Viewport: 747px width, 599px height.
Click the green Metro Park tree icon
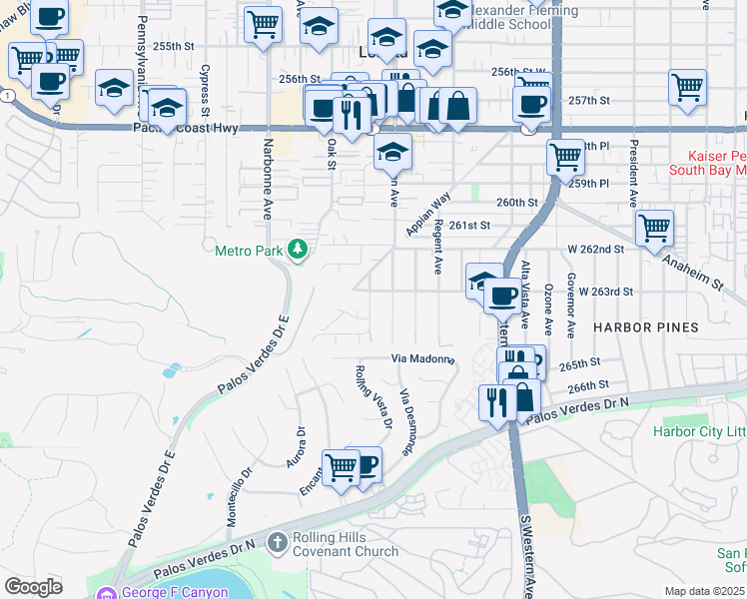[297, 250]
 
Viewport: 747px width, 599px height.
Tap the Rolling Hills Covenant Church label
[345, 544]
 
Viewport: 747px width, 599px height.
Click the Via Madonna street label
[422, 359]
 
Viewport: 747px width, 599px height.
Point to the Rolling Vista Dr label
[373, 397]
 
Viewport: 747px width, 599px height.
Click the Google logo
[33, 587]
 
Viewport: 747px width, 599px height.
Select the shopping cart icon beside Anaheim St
[654, 228]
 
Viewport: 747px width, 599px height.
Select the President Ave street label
[633, 174]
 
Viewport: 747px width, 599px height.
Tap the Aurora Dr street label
[299, 446]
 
